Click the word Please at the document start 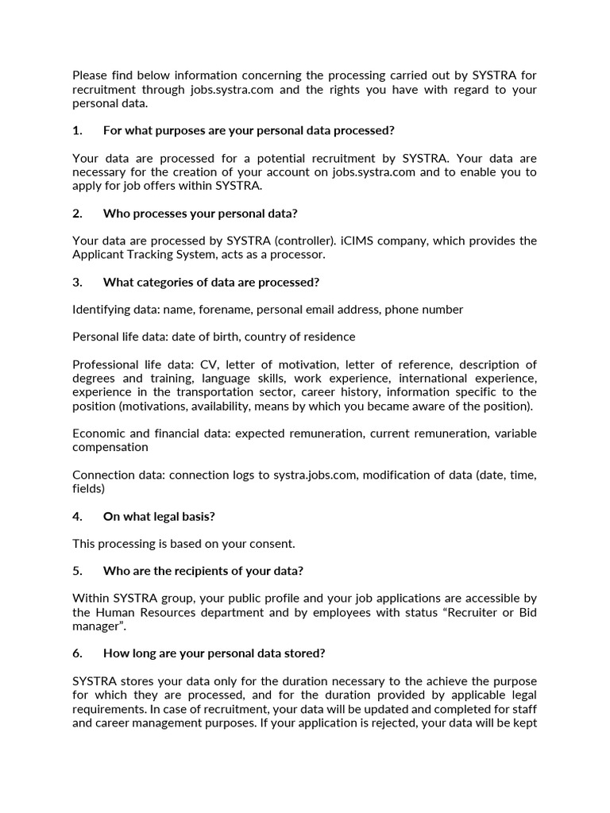tap(91, 75)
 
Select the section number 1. tap(77, 130)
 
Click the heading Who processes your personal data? tap(200, 214)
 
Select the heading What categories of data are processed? tap(211, 282)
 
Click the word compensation tap(110, 447)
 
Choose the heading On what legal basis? tap(159, 516)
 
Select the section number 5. tap(77, 572)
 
